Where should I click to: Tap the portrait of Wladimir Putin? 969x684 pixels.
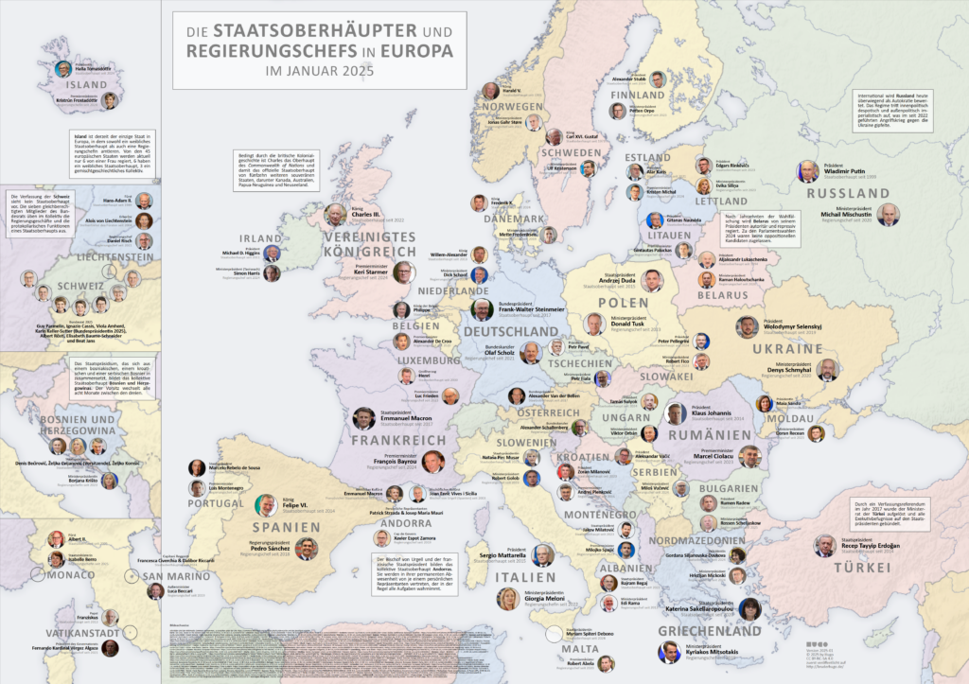pos(807,170)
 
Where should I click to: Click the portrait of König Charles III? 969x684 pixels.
pos(336,215)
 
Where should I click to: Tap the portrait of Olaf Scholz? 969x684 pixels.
pos(531,353)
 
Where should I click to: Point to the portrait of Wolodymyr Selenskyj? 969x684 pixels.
pos(747,326)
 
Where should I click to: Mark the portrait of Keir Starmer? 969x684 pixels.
pos(402,272)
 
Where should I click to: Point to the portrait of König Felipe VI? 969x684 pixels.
pos(266,505)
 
